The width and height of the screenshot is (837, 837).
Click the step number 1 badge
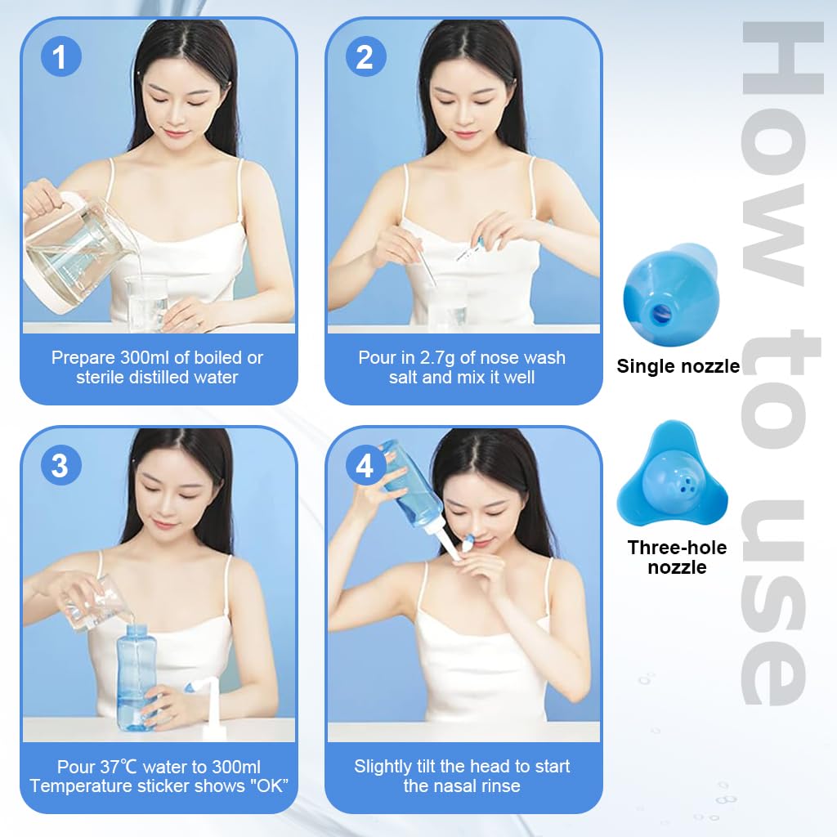[60, 58]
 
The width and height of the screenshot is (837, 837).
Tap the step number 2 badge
[365, 58]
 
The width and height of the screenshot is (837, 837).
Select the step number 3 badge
[60, 466]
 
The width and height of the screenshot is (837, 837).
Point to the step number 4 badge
[365, 466]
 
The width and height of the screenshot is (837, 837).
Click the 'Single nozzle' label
[678, 366]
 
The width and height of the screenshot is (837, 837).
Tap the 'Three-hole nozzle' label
[677, 557]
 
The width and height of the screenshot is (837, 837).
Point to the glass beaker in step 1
[147, 302]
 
